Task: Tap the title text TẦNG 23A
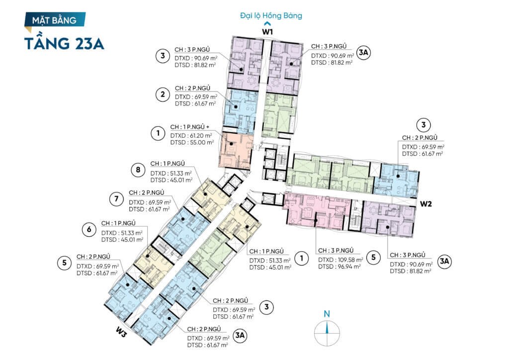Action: (x=64, y=43)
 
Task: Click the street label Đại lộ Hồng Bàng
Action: (x=271, y=15)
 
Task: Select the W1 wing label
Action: (x=267, y=32)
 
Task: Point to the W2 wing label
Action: (x=426, y=204)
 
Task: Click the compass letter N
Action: (x=327, y=314)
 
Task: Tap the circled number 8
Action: (x=138, y=170)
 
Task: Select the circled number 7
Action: (x=116, y=199)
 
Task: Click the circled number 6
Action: (x=89, y=230)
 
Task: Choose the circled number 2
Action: (x=163, y=95)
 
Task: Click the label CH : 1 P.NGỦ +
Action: (x=189, y=127)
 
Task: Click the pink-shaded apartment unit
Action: (x=317, y=210)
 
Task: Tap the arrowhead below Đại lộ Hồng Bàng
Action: (x=267, y=23)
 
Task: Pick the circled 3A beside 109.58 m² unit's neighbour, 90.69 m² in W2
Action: (x=444, y=262)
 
